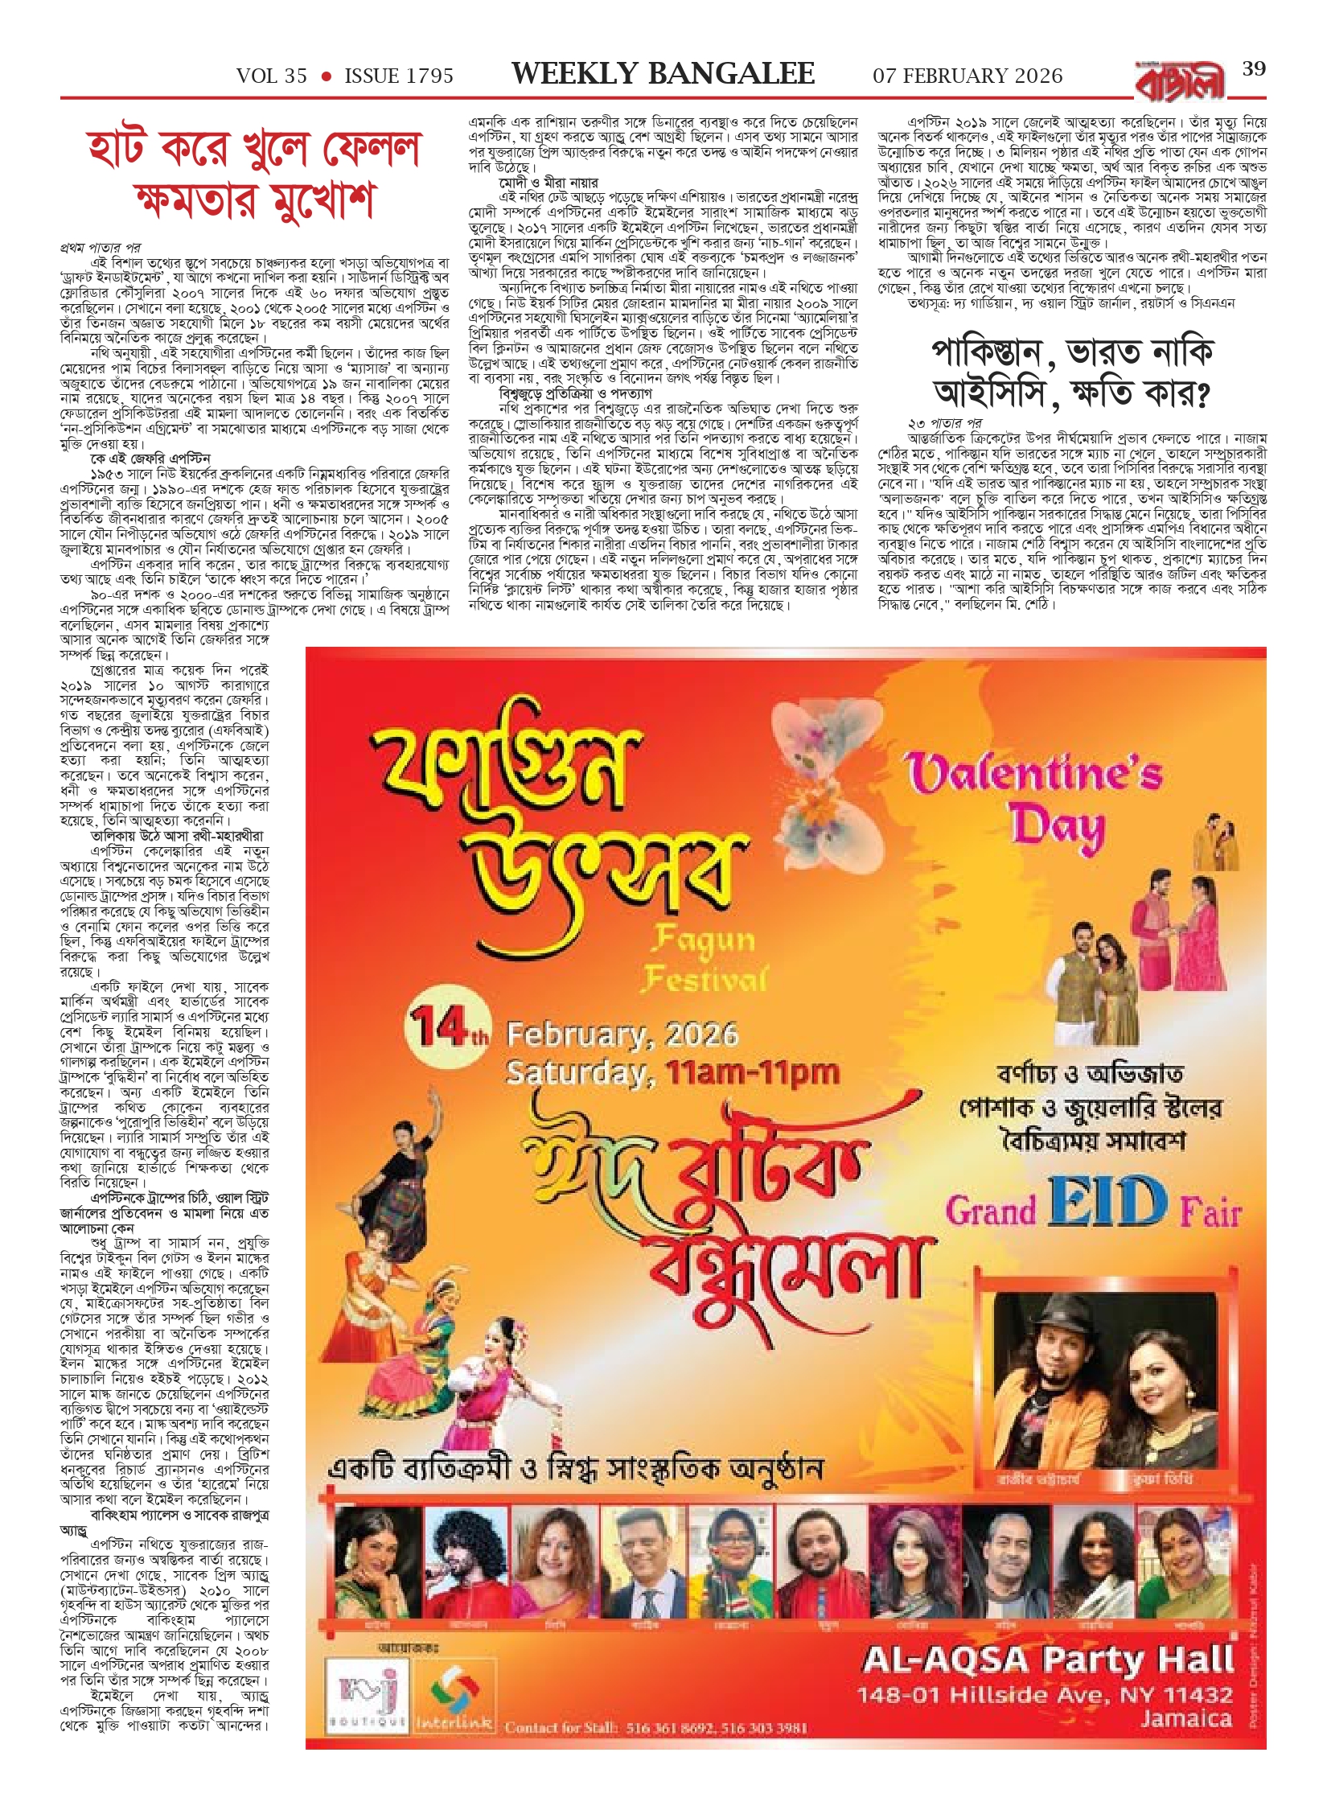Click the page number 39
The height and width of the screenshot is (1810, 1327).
pos(1254,69)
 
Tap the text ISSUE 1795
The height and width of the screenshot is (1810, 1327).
pos(399,76)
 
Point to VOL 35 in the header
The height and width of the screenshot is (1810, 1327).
pos(272,76)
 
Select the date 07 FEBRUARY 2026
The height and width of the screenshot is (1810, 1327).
pos(968,76)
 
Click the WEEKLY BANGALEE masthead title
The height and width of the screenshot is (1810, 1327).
pos(663,74)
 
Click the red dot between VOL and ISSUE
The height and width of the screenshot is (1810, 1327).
pos(326,76)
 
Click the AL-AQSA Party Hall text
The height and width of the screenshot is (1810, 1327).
pos(1047,1659)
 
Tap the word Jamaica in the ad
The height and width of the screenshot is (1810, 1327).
pos(1185,1719)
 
